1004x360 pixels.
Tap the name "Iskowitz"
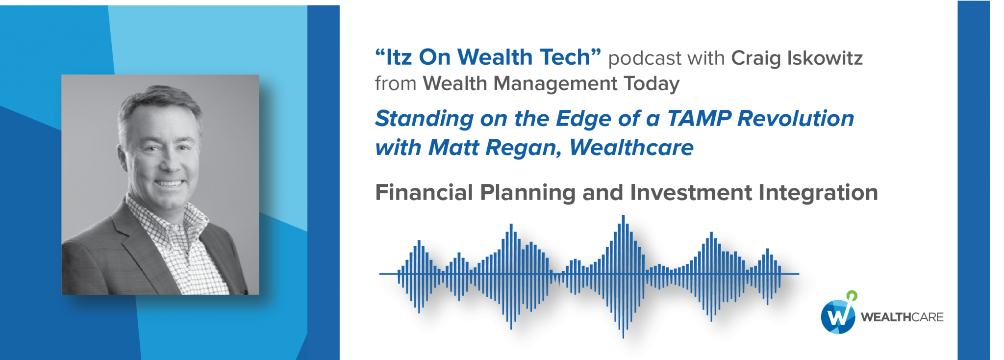825,58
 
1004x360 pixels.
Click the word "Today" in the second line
652,84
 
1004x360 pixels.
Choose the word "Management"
556,84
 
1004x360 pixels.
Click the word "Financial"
424,192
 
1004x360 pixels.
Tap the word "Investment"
691,193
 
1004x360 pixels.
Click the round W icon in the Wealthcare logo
838,316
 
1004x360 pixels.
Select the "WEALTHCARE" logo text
902,317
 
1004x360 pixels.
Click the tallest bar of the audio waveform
623,276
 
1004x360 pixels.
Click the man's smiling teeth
170,184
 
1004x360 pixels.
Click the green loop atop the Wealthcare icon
852,296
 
